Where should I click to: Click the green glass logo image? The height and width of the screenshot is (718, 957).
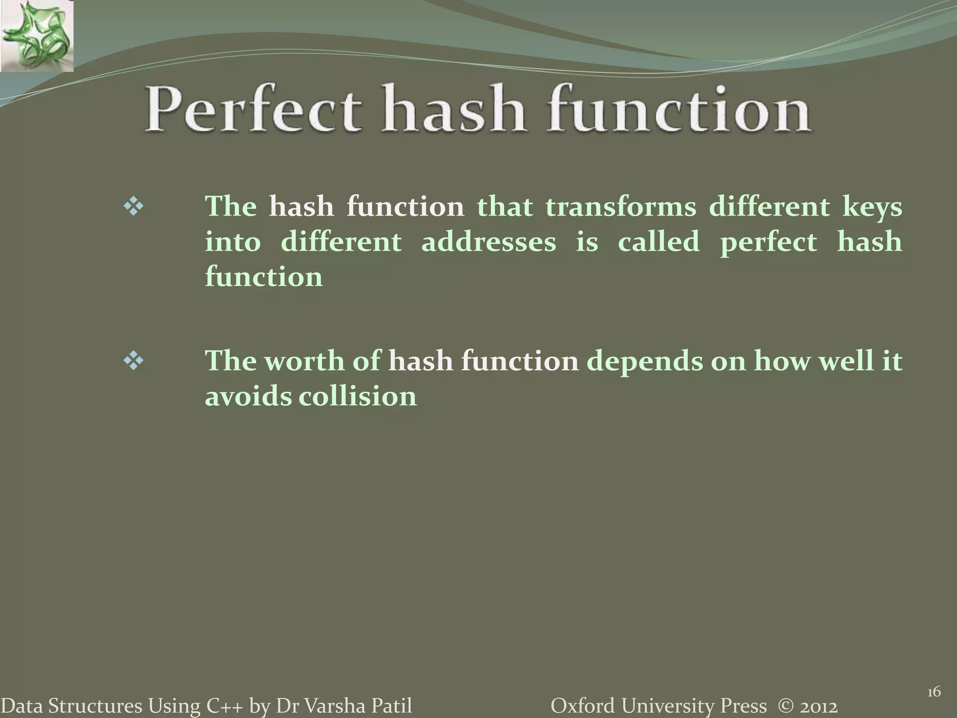[36, 36]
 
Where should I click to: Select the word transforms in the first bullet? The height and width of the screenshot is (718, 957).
[621, 207]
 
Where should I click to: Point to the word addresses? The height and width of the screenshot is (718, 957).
[489, 242]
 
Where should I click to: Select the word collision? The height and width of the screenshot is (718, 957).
[357, 396]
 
